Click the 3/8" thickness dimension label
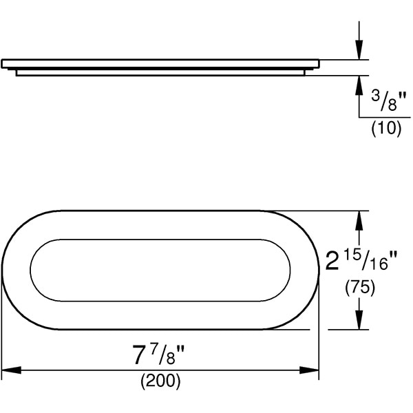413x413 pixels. pyautogui.click(x=387, y=100)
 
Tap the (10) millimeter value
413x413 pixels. pyautogui.click(x=386, y=129)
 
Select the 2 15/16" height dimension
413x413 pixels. pyautogui.click(x=361, y=261)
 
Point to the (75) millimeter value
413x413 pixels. pyautogui.click(x=360, y=288)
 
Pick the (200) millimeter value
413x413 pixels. pyautogui.click(x=160, y=381)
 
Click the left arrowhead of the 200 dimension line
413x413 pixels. pyautogui.click(x=11, y=370)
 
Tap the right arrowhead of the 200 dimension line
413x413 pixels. pyautogui.click(x=309, y=370)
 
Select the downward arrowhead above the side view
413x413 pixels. pyautogui.click(x=359, y=50)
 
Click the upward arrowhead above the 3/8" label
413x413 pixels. pyautogui.click(x=359, y=85)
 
